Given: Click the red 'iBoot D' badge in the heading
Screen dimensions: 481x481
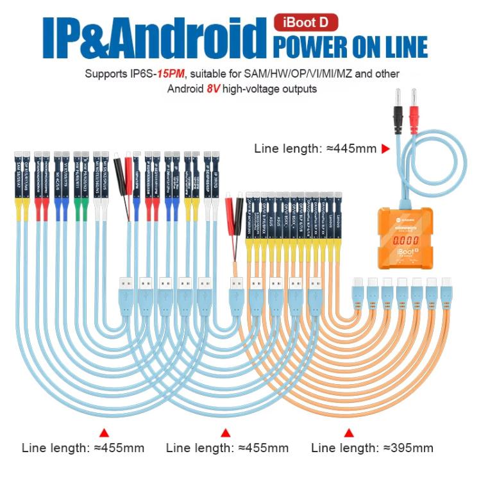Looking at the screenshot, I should pyautogui.click(x=306, y=22).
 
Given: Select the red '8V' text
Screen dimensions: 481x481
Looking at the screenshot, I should pyautogui.click(x=215, y=89).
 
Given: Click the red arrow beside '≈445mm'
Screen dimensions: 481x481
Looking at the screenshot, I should pyautogui.click(x=385, y=149).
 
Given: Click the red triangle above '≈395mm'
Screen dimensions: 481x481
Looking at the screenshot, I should pyautogui.click(x=349, y=431).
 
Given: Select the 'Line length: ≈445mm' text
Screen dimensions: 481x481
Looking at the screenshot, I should pyautogui.click(x=315, y=149).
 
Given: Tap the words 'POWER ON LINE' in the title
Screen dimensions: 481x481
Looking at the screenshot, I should pyautogui.click(x=350, y=46).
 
